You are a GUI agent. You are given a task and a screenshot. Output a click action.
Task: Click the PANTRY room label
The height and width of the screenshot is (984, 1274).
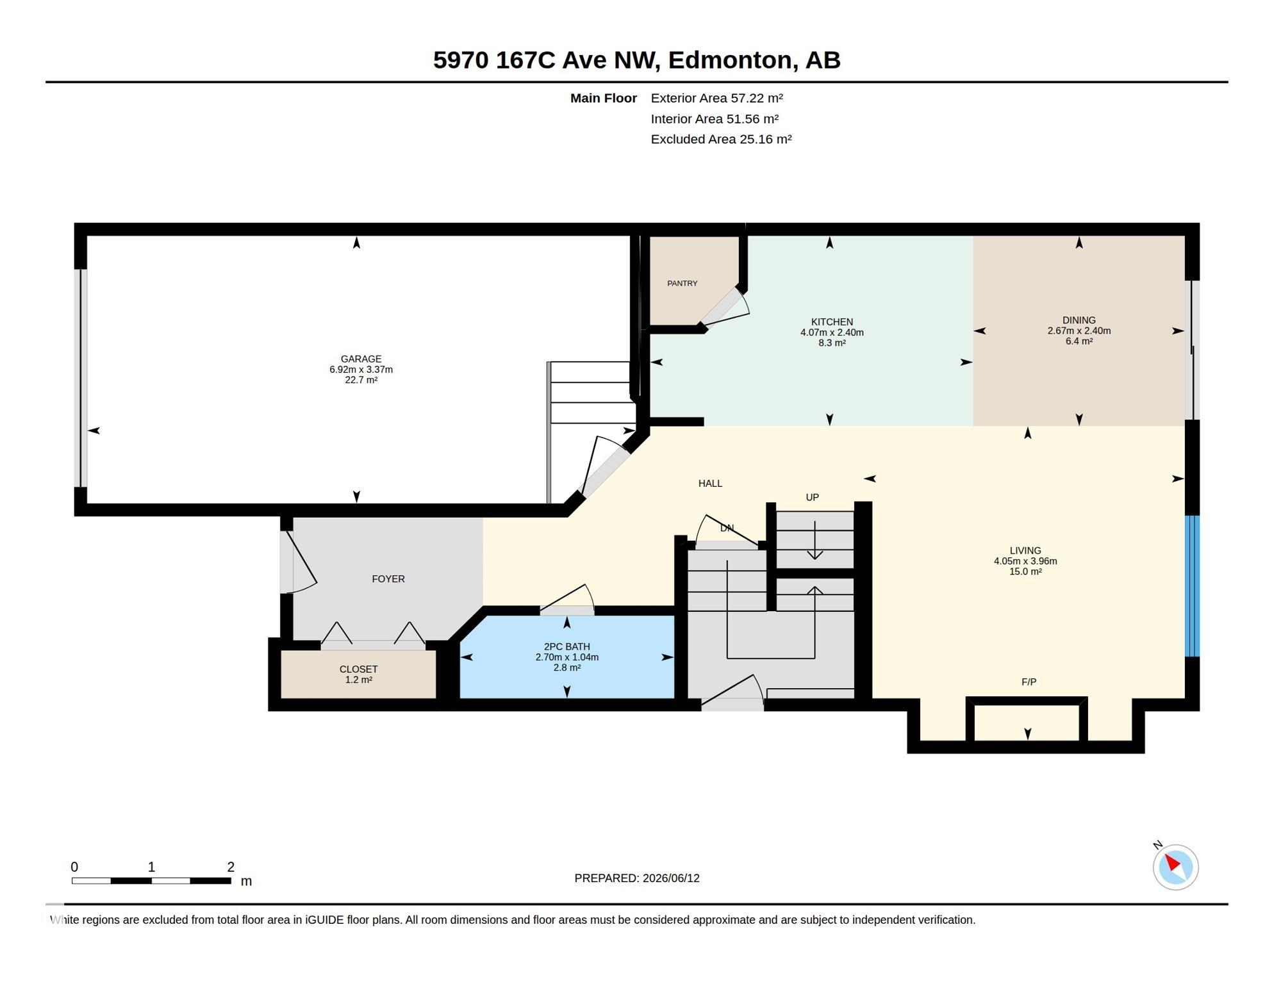[x=682, y=283]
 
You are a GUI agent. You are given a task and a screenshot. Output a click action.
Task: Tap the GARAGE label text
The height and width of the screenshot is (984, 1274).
[x=361, y=359]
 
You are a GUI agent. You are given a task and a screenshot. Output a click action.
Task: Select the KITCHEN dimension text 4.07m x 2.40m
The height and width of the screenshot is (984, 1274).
[x=832, y=332]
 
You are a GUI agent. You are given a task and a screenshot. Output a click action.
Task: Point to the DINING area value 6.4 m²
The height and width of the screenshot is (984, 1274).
[x=1079, y=341]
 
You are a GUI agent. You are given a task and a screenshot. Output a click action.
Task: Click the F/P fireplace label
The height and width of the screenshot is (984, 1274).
[x=1029, y=682]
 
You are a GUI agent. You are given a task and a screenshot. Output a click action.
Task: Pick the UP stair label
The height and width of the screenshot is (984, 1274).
[x=812, y=497]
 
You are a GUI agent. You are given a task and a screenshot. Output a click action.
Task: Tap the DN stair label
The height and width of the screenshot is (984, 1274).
[x=727, y=528]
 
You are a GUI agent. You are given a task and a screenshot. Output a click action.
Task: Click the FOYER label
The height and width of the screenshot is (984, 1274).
[x=388, y=578]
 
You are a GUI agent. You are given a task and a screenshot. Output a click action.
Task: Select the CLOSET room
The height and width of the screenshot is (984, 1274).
[x=358, y=674]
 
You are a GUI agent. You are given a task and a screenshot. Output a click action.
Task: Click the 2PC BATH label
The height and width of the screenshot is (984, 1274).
[x=567, y=646]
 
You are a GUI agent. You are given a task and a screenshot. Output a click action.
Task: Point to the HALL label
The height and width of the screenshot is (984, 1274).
[x=710, y=483]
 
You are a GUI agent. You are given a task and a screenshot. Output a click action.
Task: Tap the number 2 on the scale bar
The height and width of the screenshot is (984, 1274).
[x=231, y=867]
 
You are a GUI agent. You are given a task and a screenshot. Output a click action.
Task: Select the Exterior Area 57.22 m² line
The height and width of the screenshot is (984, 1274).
[x=716, y=98]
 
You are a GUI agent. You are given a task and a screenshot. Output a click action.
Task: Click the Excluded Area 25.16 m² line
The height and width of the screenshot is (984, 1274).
[x=721, y=139]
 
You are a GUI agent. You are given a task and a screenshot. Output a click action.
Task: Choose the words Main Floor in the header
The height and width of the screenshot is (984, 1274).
[x=603, y=98]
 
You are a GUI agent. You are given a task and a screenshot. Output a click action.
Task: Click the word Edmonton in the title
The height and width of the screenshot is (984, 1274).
[x=729, y=60]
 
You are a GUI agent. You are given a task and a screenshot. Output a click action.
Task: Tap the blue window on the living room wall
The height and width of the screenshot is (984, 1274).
[x=1192, y=586]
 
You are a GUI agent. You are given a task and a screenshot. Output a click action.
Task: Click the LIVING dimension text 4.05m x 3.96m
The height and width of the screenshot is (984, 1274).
[x=1025, y=561]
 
